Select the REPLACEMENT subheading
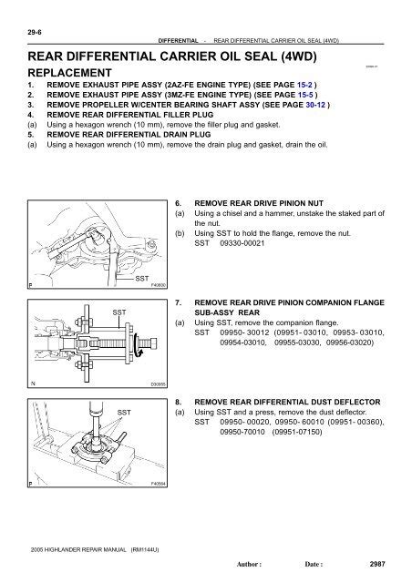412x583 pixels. click(x=69, y=73)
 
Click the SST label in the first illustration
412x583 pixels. click(x=142, y=278)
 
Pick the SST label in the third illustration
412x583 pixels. click(x=119, y=412)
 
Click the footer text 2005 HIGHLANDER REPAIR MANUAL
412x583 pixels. click(x=84, y=550)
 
